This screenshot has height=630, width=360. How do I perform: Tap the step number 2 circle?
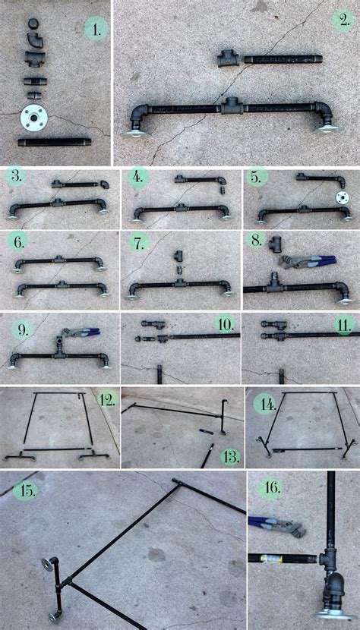[343, 20]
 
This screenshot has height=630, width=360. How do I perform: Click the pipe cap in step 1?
[33, 24]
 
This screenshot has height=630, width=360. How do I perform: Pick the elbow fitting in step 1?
[35, 39]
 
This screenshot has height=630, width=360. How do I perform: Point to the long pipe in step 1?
[54, 142]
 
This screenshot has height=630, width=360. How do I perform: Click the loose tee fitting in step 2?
[228, 58]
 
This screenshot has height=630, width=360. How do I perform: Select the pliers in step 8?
[308, 261]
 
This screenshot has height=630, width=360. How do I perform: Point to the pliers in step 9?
[81, 332]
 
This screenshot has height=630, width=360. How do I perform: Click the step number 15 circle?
[25, 491]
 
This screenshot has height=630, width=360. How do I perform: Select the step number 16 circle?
[270, 488]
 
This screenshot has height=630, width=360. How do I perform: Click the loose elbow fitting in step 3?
[105, 184]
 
